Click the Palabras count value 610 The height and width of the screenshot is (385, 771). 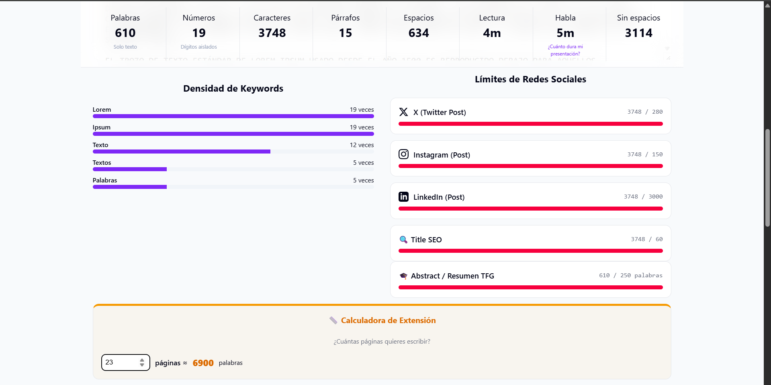pyautogui.click(x=125, y=33)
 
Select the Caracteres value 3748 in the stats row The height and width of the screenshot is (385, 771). pyautogui.click(x=272, y=33)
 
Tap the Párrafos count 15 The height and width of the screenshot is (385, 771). pyautogui.click(x=346, y=33)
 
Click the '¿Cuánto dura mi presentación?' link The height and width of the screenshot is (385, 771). pyautogui.click(x=565, y=50)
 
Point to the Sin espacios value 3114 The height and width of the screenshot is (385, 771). pyautogui.click(x=638, y=33)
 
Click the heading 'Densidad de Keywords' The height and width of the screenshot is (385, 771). pyautogui.click(x=233, y=88)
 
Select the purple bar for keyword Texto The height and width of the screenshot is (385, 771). pyautogui.click(x=182, y=152)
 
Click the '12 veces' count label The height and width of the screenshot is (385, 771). pyautogui.click(x=362, y=145)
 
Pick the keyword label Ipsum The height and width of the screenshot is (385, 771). pyautogui.click(x=102, y=127)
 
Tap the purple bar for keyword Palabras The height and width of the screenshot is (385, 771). pyautogui.click(x=130, y=187)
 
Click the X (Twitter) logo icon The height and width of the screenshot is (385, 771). pyautogui.click(x=403, y=112)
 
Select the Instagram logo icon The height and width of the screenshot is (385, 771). pyautogui.click(x=403, y=154)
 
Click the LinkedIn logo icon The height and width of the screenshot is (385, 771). pyautogui.click(x=403, y=197)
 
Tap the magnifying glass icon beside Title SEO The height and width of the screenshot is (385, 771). pyautogui.click(x=403, y=240)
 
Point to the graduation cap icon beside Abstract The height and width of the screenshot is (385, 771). pyautogui.click(x=403, y=276)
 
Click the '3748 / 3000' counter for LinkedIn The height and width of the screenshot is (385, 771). pyautogui.click(x=643, y=197)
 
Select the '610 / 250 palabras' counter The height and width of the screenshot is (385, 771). pyautogui.click(x=630, y=275)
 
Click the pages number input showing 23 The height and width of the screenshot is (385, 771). pyautogui.click(x=121, y=362)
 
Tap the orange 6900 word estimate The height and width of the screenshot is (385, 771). pyautogui.click(x=203, y=363)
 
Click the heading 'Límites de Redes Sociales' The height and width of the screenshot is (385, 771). pyautogui.click(x=530, y=79)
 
